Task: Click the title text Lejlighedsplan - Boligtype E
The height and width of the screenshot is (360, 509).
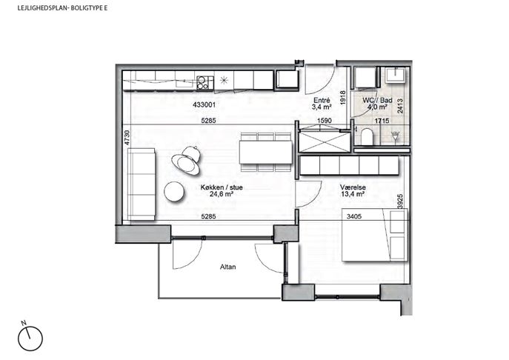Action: [62, 8]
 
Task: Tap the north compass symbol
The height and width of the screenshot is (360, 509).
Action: [30, 339]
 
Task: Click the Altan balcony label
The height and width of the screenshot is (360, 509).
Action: [228, 267]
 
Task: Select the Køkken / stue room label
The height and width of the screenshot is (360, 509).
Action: [222, 191]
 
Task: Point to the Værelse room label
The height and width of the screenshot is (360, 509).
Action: [353, 191]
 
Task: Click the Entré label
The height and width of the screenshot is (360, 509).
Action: [322, 104]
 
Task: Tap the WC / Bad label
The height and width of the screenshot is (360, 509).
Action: [377, 104]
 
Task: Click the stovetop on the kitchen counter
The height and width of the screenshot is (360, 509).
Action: [205, 82]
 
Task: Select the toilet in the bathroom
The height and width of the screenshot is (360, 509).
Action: [367, 136]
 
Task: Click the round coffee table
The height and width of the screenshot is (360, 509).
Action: [174, 192]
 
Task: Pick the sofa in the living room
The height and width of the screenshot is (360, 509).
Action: [141, 184]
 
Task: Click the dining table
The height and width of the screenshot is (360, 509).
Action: [265, 153]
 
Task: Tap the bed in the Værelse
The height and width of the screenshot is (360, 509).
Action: [375, 235]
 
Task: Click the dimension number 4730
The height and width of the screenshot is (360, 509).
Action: [127, 138]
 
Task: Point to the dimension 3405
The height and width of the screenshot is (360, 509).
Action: [354, 216]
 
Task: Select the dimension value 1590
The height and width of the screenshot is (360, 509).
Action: [325, 121]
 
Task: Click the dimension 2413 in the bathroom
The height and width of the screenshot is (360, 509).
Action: [400, 106]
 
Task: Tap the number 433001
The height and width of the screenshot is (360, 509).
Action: [204, 105]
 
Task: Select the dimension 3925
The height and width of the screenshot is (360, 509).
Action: [400, 201]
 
